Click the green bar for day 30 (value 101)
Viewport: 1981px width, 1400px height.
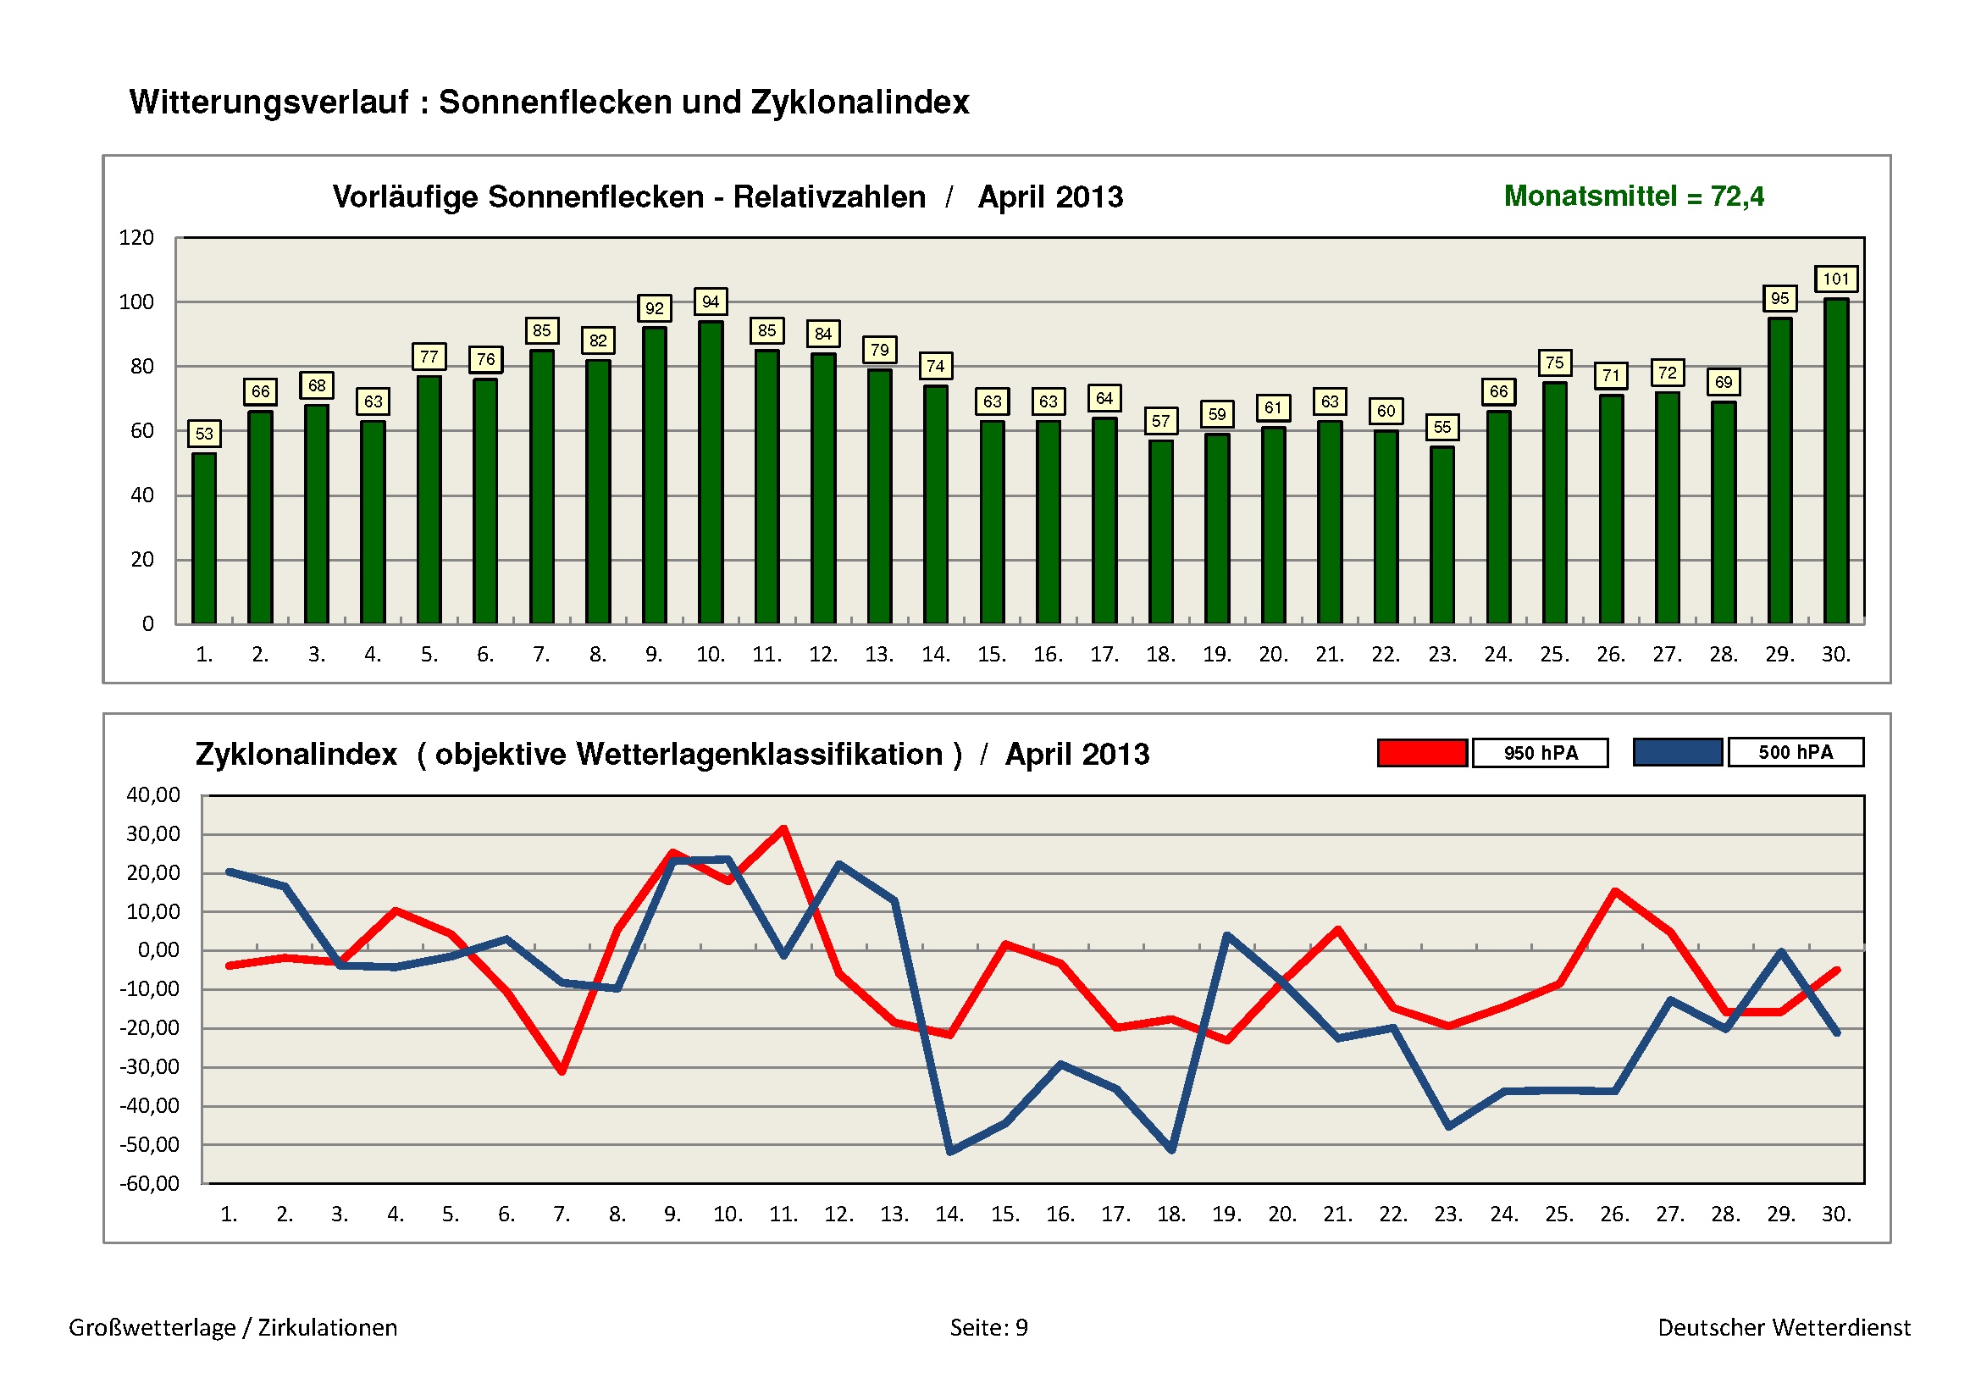1835,462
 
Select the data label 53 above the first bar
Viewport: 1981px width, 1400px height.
203,433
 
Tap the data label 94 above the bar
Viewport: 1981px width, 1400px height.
710,302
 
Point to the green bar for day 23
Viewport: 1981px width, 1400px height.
1441,534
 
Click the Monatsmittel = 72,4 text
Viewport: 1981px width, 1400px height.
1633,196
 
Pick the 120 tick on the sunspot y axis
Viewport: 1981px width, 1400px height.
136,238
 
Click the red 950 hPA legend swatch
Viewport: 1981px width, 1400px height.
1422,752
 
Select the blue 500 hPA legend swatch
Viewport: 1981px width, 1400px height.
1677,752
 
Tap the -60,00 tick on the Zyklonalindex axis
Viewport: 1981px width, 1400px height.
150,1183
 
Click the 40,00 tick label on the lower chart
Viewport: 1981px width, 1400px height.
153,794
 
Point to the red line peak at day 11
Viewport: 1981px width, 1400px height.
783,829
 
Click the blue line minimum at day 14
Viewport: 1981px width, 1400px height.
950,1151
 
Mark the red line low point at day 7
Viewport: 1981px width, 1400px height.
562,1071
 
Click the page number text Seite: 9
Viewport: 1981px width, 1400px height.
988,1327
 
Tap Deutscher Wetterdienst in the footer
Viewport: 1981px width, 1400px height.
1784,1327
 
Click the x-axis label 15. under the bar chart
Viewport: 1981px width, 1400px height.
992,655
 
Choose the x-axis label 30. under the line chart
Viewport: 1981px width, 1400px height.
1836,1215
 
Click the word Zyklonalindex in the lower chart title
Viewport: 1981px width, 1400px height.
296,755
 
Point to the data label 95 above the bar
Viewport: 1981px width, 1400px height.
1779,298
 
